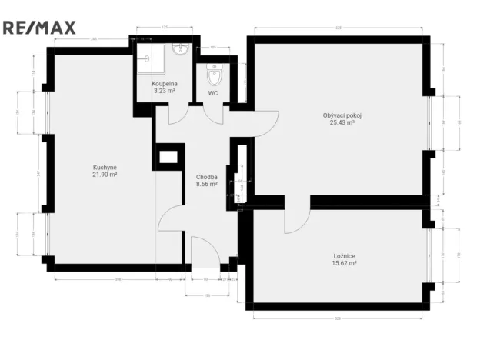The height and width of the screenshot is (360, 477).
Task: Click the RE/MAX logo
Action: (x=39, y=28)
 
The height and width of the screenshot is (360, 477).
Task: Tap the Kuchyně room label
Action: (x=105, y=168)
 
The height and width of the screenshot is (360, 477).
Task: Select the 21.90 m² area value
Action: (x=105, y=175)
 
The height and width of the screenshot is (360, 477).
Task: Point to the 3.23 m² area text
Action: (x=165, y=91)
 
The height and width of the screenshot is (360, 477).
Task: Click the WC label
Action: (x=212, y=94)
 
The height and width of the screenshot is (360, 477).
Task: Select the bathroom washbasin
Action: (x=182, y=49)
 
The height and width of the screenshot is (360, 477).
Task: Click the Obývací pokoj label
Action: (x=342, y=115)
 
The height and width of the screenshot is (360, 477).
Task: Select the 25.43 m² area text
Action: (x=342, y=122)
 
